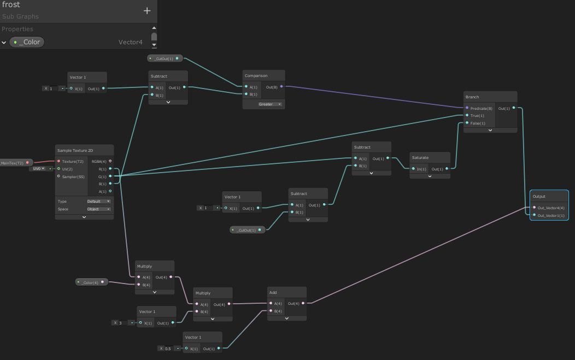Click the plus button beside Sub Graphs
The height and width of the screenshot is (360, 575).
(x=146, y=10)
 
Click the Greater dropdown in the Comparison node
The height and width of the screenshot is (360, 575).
(x=271, y=104)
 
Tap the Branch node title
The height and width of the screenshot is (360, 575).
(x=472, y=97)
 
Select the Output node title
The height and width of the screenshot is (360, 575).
(x=539, y=196)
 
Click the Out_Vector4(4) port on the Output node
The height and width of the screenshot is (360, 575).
(x=534, y=208)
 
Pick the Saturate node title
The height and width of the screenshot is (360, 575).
(x=420, y=157)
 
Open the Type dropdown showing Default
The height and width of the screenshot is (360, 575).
(x=98, y=201)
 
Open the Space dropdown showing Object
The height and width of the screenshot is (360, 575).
(x=98, y=209)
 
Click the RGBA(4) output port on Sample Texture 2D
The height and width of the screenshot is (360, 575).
(x=110, y=161)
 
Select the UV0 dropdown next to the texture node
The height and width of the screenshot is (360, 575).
(x=38, y=169)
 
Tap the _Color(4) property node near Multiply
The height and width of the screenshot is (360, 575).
(x=91, y=282)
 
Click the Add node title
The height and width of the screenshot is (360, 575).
(x=273, y=292)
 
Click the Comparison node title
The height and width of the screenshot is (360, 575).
(x=256, y=75)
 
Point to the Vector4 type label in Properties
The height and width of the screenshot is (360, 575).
(x=130, y=42)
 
